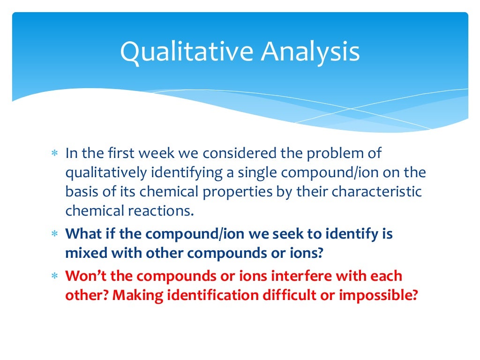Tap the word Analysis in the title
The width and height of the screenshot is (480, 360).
311,52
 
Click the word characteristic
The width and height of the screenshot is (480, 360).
372,192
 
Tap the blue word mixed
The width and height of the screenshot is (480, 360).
86,254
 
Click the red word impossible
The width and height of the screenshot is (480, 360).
379,296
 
